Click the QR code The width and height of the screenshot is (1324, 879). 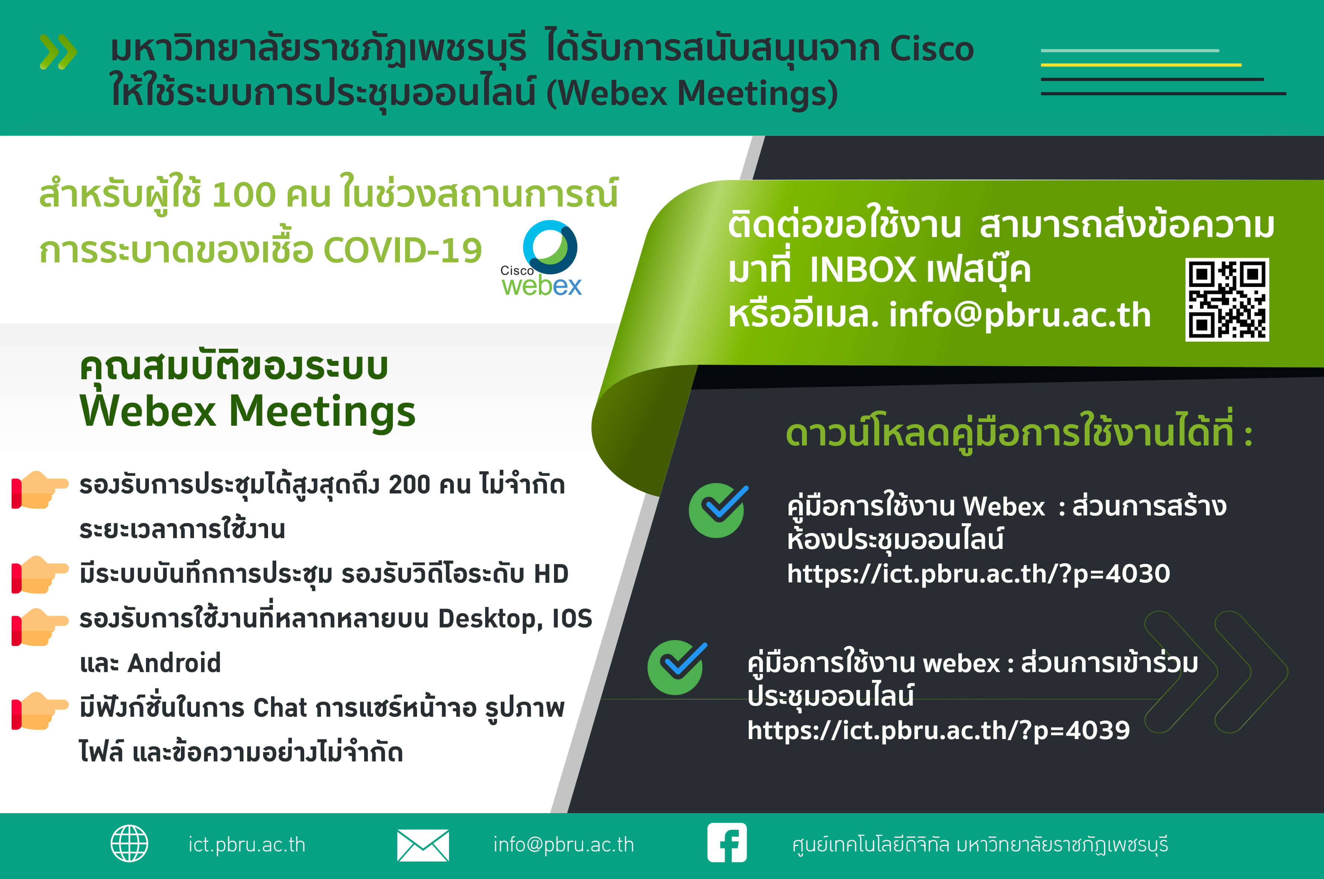pyautogui.click(x=1227, y=299)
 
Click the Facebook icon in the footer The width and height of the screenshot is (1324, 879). pyautogui.click(x=727, y=843)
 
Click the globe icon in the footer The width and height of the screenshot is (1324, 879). pyautogui.click(x=130, y=843)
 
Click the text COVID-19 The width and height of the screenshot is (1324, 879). pyautogui.click(x=402, y=250)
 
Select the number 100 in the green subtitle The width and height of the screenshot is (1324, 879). pyautogui.click(x=244, y=195)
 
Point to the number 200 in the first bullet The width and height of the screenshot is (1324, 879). pyautogui.click(x=409, y=485)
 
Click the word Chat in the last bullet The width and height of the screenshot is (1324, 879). pyautogui.click(x=280, y=708)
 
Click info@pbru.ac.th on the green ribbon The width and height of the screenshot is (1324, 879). pyautogui.click(x=1019, y=315)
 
